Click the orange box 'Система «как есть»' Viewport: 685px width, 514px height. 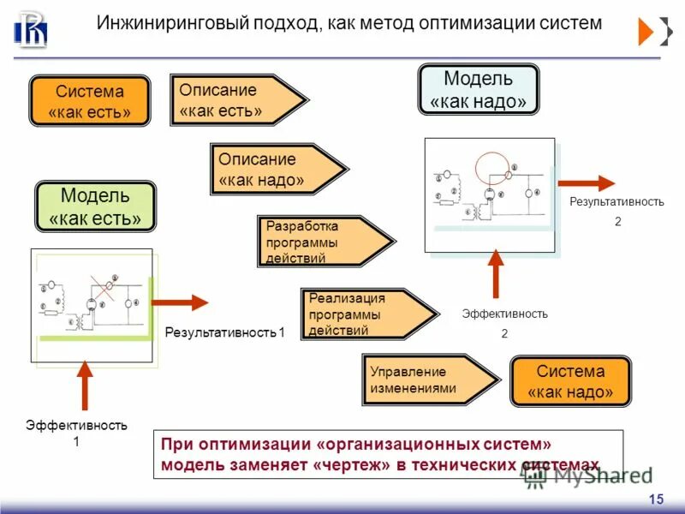[90, 101]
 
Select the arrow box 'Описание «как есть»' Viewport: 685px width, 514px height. [235, 100]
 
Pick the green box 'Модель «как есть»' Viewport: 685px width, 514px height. [95, 206]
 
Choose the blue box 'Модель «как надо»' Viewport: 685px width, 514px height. [478, 90]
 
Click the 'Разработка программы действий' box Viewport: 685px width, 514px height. [321, 242]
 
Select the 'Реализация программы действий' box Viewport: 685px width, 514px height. [365, 314]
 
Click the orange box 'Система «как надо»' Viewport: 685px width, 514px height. [570, 382]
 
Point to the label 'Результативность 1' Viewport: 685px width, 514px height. [223, 332]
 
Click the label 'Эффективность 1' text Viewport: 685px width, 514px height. [76, 433]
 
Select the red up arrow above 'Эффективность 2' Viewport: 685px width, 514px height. [494, 274]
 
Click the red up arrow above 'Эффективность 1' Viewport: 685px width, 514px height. [84, 384]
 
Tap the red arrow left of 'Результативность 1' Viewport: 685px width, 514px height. [180, 302]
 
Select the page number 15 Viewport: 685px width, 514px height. [656, 499]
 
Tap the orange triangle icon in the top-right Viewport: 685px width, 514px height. [646, 32]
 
